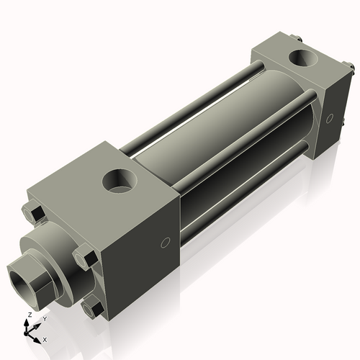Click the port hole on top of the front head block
click(x=117, y=179)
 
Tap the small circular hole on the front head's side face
click(x=166, y=243)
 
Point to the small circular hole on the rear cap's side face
click(x=328, y=117)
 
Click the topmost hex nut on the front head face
click(x=33, y=213)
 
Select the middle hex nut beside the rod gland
click(x=85, y=256)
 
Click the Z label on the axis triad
click(x=29, y=315)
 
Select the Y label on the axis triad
click(x=44, y=318)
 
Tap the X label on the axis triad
click(x=45, y=338)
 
